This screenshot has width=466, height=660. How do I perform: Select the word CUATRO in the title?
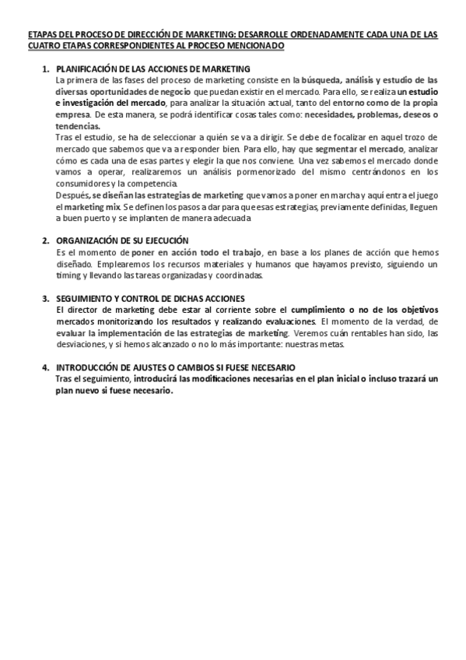[42, 46]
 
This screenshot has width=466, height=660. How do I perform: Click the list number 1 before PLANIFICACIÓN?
[45, 69]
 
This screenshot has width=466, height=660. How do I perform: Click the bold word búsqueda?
[321, 80]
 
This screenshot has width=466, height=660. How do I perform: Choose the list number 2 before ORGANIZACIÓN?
[45, 241]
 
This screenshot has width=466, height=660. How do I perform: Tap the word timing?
[68, 276]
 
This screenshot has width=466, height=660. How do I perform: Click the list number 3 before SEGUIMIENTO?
[45, 299]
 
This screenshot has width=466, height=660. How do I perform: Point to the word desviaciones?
[82, 345]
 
